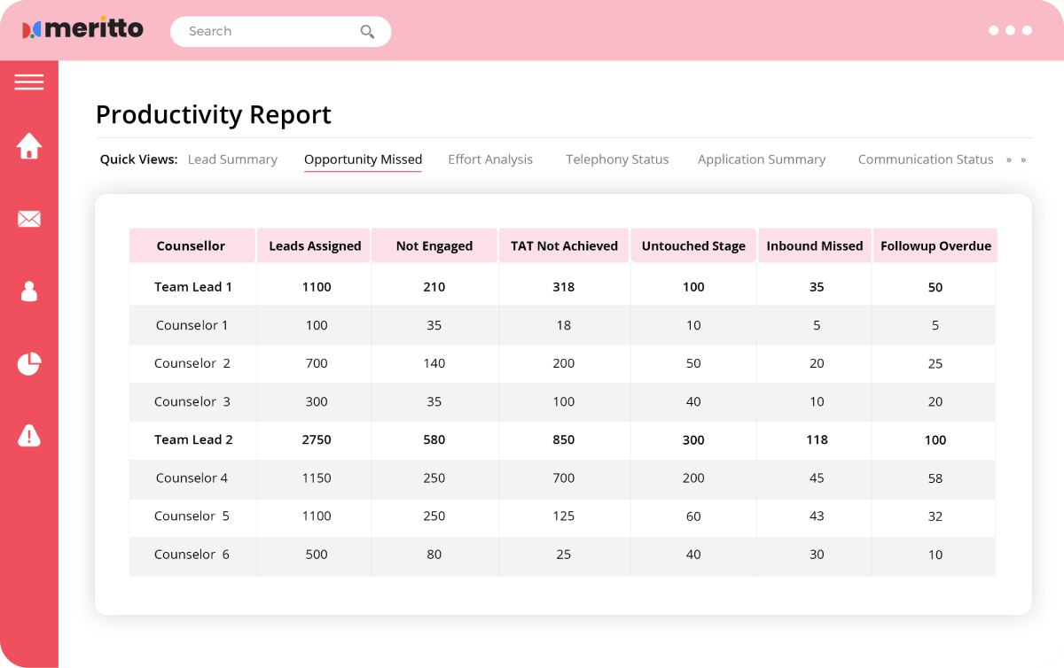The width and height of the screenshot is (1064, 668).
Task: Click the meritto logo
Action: point(82,29)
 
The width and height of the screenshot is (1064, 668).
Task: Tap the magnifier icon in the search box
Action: point(367,32)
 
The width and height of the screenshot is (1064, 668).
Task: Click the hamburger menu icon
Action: point(29,82)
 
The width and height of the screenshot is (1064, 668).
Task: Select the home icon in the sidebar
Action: point(29,146)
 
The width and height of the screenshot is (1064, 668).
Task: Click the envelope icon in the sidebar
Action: point(29,219)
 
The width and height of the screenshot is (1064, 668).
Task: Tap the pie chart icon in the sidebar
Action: point(29,363)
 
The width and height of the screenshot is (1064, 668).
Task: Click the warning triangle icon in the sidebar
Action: point(29,435)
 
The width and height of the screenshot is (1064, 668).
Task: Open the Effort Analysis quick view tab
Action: point(490,159)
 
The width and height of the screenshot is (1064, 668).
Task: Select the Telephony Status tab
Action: point(617,159)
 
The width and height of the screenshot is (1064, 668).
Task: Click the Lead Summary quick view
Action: point(232,159)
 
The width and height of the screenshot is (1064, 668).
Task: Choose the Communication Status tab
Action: point(925,159)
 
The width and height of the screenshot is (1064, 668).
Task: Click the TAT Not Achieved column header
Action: point(564,246)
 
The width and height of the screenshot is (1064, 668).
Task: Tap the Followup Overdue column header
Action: point(935,246)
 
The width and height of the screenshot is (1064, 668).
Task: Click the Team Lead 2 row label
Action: point(193,439)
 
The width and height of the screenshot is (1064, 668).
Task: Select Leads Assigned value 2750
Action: point(317,439)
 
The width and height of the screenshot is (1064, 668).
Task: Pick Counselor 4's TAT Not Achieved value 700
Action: point(563,478)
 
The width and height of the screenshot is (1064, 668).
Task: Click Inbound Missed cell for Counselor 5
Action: point(817,517)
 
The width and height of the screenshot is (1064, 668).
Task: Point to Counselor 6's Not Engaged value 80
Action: point(434,555)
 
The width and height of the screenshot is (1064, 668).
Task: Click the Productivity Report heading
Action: point(213,114)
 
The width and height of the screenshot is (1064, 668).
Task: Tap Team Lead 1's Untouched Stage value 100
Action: point(693,287)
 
